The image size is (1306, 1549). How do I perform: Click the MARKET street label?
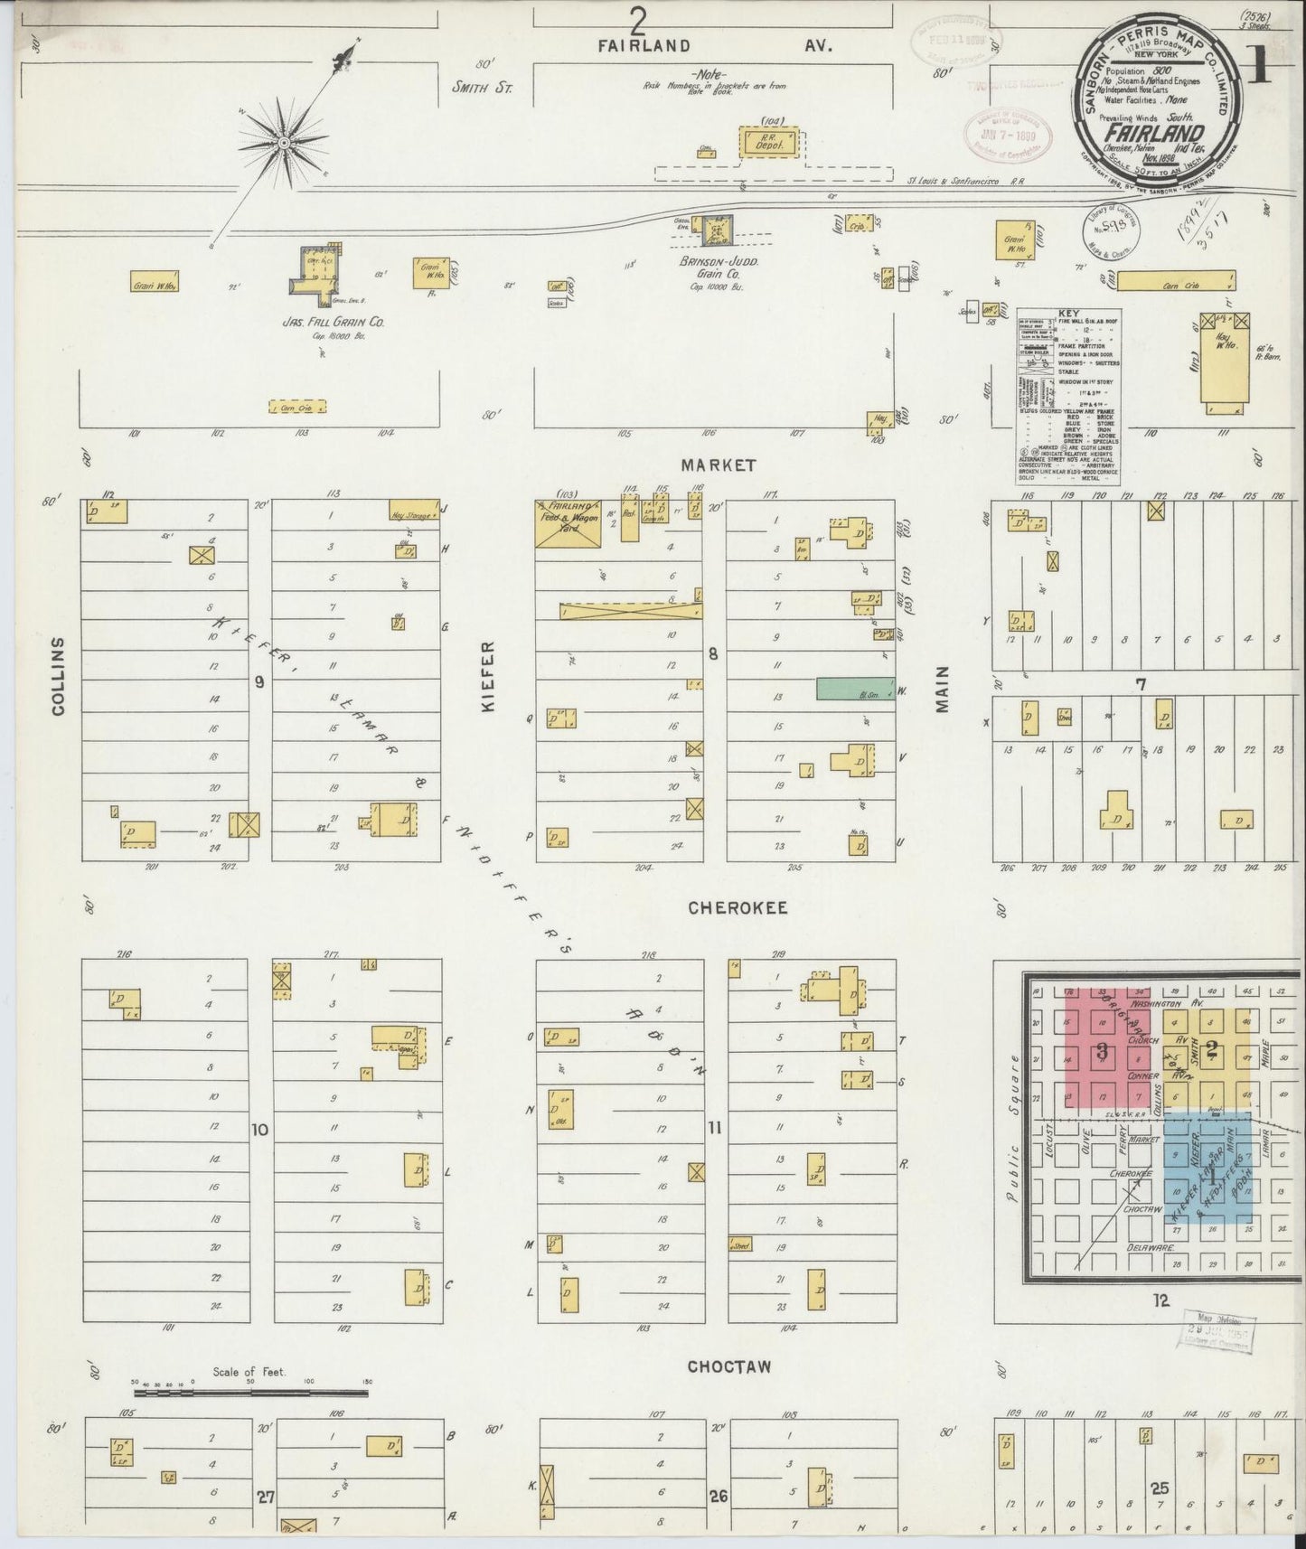pyautogui.click(x=719, y=465)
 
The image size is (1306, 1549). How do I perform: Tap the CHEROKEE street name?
pyautogui.click(x=738, y=907)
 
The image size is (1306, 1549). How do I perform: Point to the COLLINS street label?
pyautogui.click(x=60, y=676)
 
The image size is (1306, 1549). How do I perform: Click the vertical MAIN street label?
pyautogui.click(x=944, y=690)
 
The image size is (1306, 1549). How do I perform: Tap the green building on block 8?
pyautogui.click(x=855, y=688)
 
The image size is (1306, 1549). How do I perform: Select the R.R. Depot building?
pyautogui.click(x=771, y=143)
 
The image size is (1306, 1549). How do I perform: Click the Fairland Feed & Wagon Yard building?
pyautogui.click(x=568, y=523)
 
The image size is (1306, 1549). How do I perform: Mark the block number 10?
pyautogui.click(x=260, y=1129)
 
